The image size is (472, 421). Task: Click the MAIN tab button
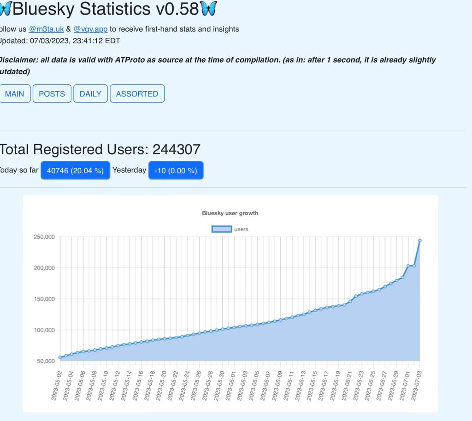pyautogui.click(x=14, y=94)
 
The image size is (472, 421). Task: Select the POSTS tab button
pyautogui.click(x=52, y=94)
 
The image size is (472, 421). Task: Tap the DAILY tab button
pyautogui.click(x=90, y=94)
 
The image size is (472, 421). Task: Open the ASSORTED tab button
pyautogui.click(x=137, y=94)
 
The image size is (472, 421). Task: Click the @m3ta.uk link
pyautogui.click(x=46, y=29)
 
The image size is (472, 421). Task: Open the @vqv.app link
pyautogui.click(x=90, y=29)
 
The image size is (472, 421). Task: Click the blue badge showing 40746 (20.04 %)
pyautogui.click(x=75, y=170)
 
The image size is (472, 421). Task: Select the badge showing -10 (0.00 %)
pyautogui.click(x=176, y=170)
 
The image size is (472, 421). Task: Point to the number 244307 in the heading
pyautogui.click(x=176, y=149)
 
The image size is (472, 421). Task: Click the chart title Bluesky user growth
pyautogui.click(x=230, y=213)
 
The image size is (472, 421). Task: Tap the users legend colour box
pyautogui.click(x=221, y=229)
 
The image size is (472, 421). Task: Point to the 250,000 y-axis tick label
pyautogui.click(x=44, y=237)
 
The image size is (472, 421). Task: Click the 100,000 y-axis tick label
pyautogui.click(x=44, y=330)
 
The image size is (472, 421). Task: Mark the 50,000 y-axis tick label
pyautogui.click(x=46, y=361)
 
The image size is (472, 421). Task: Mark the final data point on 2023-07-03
pyautogui.click(x=420, y=240)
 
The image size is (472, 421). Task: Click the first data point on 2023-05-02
pyautogui.click(x=60, y=357)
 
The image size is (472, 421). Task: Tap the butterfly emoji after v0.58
pyautogui.click(x=209, y=8)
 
